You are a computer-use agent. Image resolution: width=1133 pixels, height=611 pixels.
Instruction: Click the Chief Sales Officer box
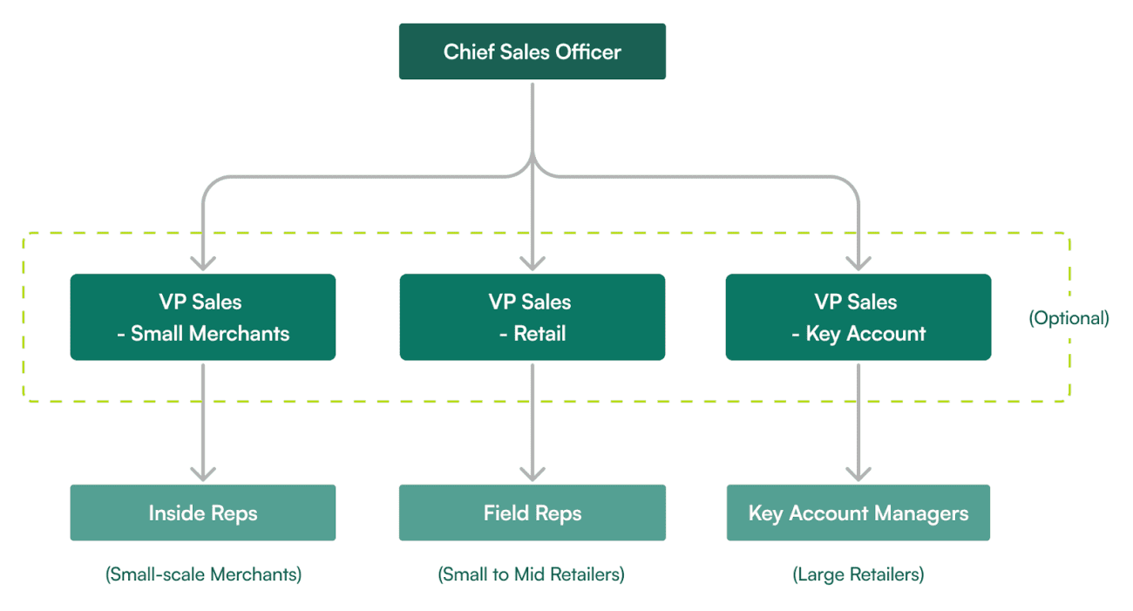click(x=532, y=51)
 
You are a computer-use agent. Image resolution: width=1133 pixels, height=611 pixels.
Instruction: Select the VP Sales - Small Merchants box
click(x=202, y=317)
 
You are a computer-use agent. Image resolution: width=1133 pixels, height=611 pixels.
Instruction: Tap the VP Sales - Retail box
click(x=532, y=317)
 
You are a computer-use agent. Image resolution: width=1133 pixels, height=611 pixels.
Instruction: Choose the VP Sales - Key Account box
click(x=858, y=317)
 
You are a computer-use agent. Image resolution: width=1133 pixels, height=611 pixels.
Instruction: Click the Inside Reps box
click(x=202, y=513)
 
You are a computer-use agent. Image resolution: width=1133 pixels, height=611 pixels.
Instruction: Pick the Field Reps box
click(x=532, y=513)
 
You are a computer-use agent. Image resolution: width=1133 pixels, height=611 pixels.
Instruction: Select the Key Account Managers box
click(x=858, y=513)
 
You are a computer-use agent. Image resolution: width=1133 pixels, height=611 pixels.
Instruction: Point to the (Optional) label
click(x=1069, y=318)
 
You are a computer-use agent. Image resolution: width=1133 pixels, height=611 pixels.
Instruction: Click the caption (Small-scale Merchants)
click(x=203, y=574)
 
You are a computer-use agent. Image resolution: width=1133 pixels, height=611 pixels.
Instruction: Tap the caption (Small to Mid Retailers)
click(x=532, y=574)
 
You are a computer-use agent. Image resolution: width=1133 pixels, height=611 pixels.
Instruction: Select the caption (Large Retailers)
click(x=858, y=574)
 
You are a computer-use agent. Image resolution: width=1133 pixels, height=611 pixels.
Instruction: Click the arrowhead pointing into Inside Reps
click(x=203, y=473)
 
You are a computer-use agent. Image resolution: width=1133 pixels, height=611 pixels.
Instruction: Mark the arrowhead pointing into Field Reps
click(x=533, y=473)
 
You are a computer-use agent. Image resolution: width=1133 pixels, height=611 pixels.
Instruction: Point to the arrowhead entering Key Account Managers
click(x=858, y=473)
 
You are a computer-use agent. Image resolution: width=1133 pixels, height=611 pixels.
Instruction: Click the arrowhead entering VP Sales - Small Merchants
click(x=203, y=262)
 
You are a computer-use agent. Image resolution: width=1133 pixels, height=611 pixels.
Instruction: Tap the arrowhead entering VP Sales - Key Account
click(x=858, y=262)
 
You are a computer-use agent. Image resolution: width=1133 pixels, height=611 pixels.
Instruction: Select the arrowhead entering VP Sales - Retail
click(x=533, y=262)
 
